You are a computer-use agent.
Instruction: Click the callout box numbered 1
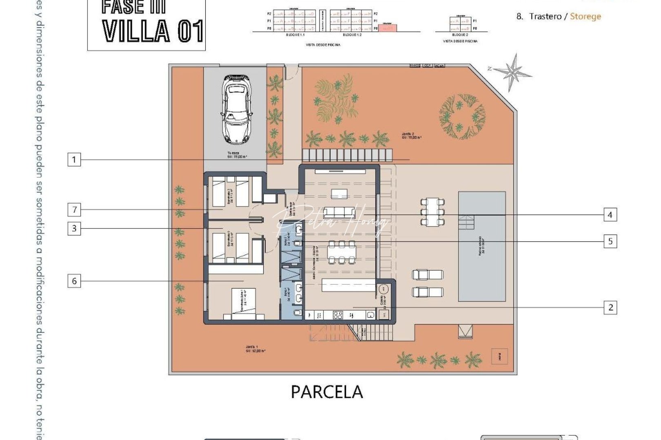pyautogui.click(x=74, y=159)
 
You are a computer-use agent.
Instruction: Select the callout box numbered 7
pyautogui.click(x=74, y=210)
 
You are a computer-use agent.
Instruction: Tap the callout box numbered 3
pyautogui.click(x=74, y=228)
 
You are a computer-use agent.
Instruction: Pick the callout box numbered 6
pyautogui.click(x=74, y=281)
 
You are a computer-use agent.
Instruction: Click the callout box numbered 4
pyautogui.click(x=610, y=215)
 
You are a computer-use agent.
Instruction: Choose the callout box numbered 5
pyautogui.click(x=610, y=241)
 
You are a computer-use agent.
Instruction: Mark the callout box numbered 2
pyautogui.click(x=610, y=308)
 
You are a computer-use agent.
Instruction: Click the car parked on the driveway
pyautogui.click(x=236, y=109)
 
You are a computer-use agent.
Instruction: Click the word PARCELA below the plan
pyautogui.click(x=326, y=392)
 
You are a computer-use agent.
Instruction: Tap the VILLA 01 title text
pyautogui.click(x=153, y=31)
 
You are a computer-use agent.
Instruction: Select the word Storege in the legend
pyautogui.click(x=585, y=17)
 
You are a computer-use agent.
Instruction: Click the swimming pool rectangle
pyautogui.click(x=481, y=246)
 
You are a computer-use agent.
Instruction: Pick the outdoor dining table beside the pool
pyautogui.click(x=432, y=212)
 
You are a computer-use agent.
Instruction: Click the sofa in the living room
pyautogui.click(x=339, y=212)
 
